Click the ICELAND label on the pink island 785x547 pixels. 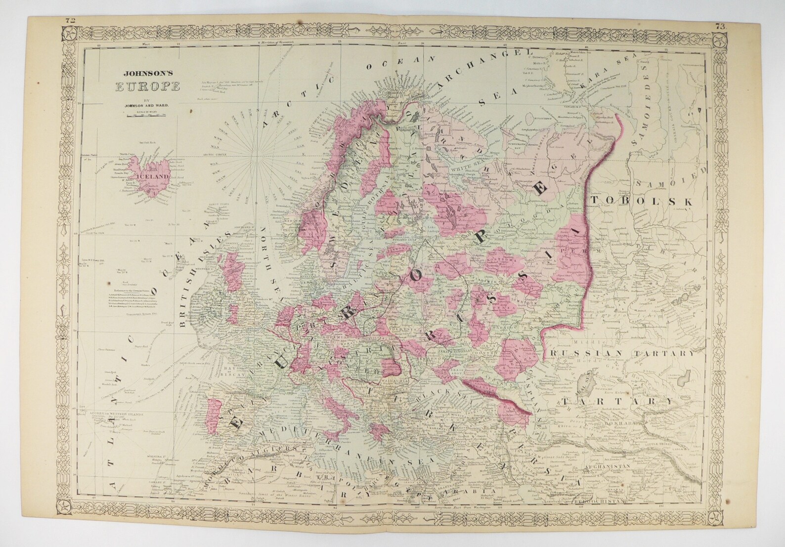tap(156, 175)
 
